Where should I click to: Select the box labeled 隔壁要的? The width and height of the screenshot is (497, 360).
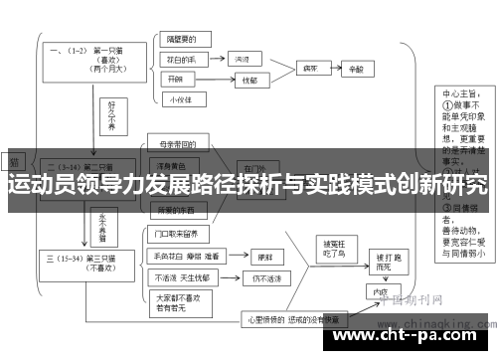point(181,42)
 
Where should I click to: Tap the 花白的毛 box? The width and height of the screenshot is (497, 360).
point(181,60)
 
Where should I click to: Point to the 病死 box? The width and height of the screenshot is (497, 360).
point(309,70)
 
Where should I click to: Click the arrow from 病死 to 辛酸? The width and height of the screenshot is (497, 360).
point(333,70)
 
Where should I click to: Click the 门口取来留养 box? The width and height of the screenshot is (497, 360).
point(183,236)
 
